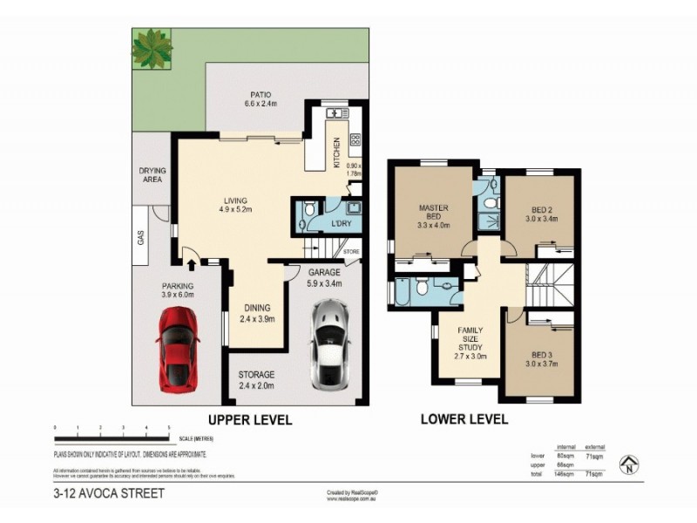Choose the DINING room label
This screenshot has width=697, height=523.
click(257, 313)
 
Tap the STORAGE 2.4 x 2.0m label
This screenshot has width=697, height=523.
click(257, 379)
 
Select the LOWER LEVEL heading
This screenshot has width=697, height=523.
click(464, 419)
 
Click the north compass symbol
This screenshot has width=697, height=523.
click(626, 466)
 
